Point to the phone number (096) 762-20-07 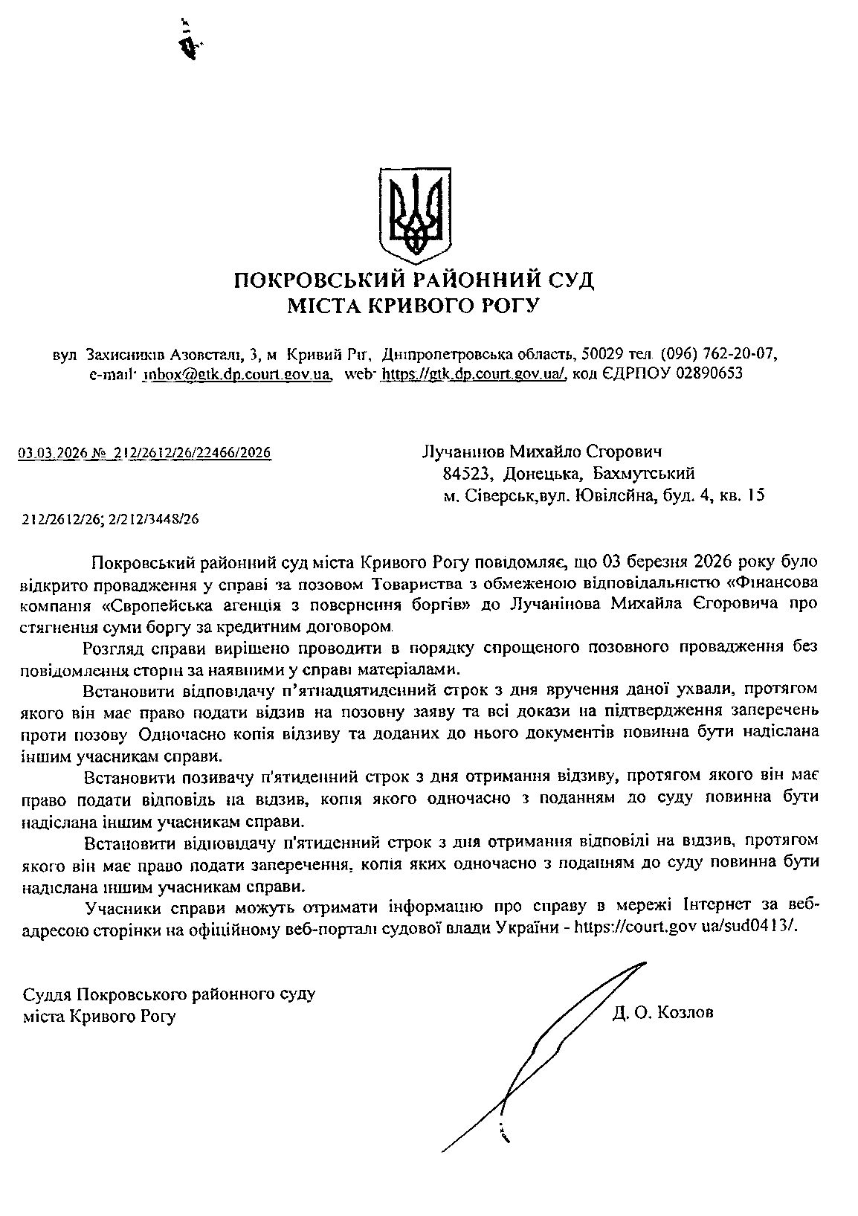pos(718,353)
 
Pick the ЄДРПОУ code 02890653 pos(709,373)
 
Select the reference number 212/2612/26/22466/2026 pos(199,452)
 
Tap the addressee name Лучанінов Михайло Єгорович pos(541,451)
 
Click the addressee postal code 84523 pos(465,473)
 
